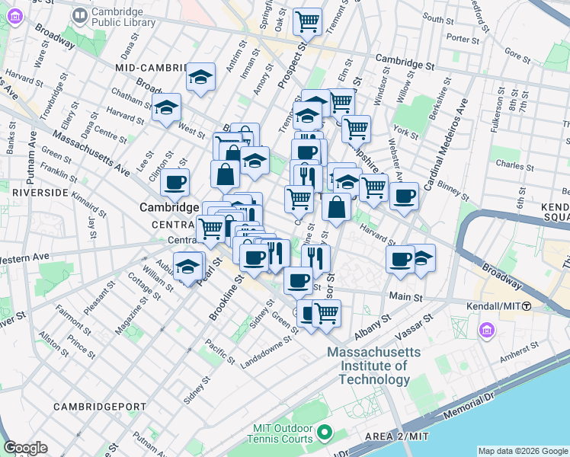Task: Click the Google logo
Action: coord(26,448)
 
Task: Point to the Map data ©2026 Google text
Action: coord(523,451)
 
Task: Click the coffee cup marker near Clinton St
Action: coord(175,183)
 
